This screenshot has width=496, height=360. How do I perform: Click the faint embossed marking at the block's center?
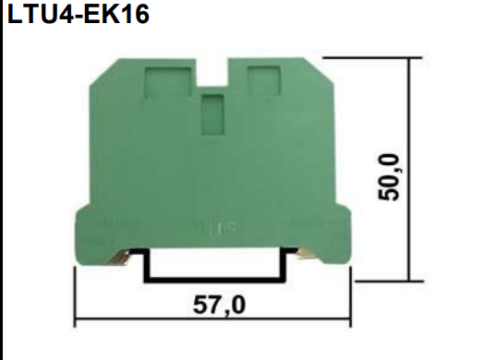point(212,224)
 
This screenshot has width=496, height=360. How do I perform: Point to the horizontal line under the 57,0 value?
point(213,320)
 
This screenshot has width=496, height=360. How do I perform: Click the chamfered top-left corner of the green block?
point(93,65)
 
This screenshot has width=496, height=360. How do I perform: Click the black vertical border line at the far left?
point(2,185)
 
